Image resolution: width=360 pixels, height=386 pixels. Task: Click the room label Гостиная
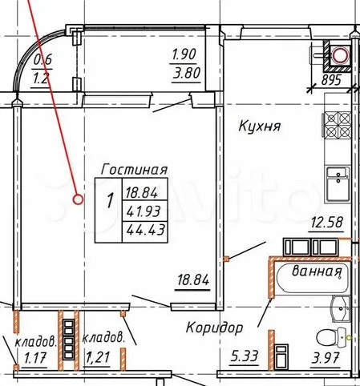point(134,170)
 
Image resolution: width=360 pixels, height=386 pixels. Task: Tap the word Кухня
point(259,126)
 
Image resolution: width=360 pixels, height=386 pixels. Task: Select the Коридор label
point(214,328)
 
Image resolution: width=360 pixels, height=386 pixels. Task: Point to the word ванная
point(317,271)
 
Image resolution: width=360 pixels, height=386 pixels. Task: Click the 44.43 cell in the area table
point(145,230)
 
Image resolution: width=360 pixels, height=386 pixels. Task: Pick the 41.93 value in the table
point(144,211)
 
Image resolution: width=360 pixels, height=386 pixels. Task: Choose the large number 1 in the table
point(110,201)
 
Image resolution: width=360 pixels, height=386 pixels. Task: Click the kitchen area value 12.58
point(326,223)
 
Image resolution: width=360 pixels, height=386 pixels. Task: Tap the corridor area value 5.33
point(245,356)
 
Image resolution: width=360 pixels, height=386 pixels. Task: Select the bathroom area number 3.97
point(326,358)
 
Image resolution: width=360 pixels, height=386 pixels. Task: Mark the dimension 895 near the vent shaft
point(331,80)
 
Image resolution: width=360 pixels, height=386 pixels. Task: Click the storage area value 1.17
point(35,358)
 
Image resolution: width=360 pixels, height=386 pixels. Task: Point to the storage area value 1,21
point(97,357)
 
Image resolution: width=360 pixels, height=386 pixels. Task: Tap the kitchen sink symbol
point(338,184)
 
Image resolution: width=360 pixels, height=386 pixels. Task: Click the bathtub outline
point(313,279)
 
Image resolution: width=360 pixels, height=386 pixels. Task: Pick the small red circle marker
point(78,199)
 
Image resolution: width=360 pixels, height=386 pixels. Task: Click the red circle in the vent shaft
point(339,55)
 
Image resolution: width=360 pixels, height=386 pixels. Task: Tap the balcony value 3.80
point(186,73)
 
